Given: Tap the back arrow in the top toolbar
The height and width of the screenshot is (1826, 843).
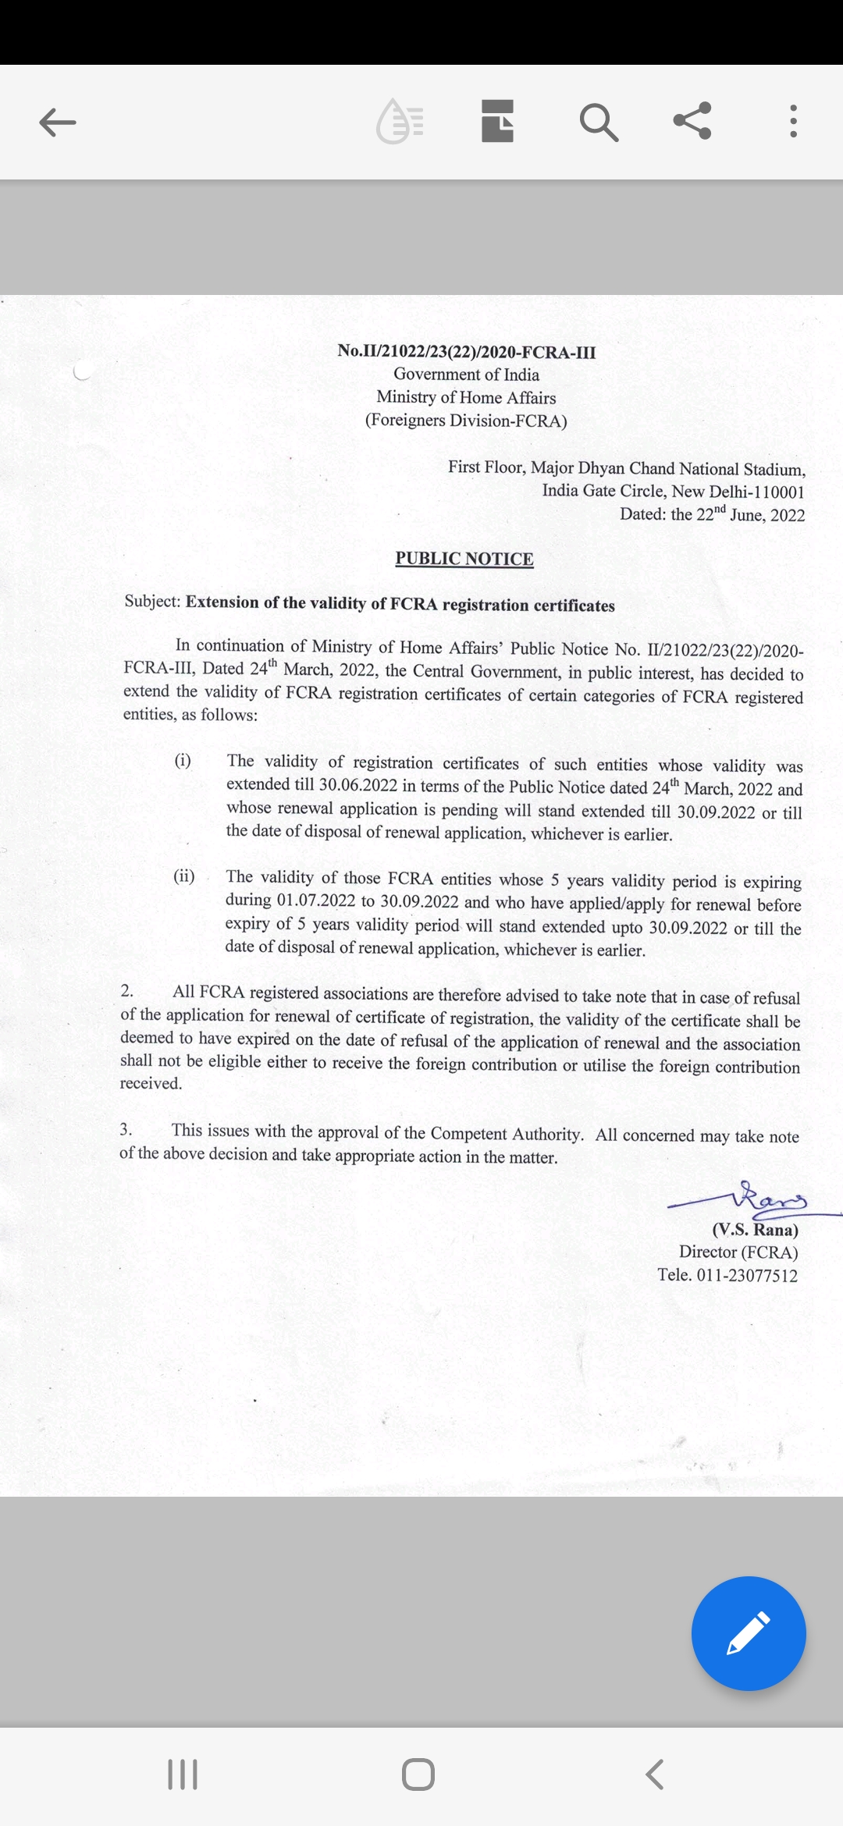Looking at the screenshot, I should click(x=58, y=122).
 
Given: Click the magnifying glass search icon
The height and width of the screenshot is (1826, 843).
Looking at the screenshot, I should click(x=599, y=122).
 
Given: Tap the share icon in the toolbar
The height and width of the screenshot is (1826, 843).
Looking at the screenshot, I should click(x=692, y=121).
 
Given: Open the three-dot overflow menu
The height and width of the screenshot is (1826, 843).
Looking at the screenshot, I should click(x=793, y=122).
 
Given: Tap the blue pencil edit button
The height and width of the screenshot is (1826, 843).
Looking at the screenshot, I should click(x=749, y=1633).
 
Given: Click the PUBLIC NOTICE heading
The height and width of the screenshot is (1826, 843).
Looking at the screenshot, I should click(x=464, y=559).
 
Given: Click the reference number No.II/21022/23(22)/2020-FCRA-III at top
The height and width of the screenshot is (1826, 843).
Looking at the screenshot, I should click(x=466, y=351).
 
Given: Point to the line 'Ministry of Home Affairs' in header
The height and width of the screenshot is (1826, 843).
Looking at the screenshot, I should click(x=466, y=397).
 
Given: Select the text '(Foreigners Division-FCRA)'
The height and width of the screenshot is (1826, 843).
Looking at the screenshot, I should click(x=466, y=421).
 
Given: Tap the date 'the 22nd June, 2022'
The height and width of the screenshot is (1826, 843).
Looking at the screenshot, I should click(x=737, y=514).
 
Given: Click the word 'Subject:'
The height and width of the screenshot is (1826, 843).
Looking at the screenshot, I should click(x=153, y=601).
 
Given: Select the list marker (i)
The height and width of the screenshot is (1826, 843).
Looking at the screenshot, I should click(x=183, y=760).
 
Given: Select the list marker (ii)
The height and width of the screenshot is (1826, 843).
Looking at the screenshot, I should click(x=184, y=876).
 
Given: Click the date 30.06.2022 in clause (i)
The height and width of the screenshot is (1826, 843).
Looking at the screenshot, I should click(x=358, y=785).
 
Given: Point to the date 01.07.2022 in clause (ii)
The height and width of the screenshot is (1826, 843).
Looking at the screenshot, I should click(x=316, y=901).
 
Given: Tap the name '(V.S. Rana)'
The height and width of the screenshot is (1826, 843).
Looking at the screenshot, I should click(x=755, y=1230).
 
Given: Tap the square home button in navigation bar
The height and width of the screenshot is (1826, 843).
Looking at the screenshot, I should click(x=418, y=1774).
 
